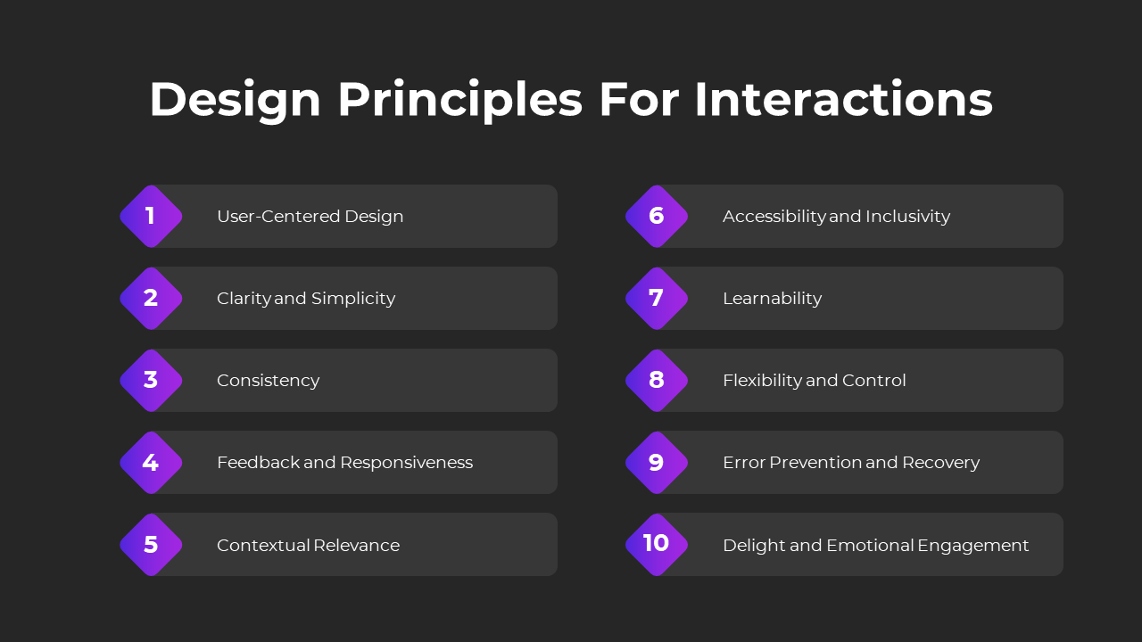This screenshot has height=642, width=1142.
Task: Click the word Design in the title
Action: tap(235, 101)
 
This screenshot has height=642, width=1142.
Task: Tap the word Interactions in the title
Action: tap(844, 99)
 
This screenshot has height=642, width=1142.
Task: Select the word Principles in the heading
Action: tap(459, 101)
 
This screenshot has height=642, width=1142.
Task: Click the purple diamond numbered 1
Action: tap(151, 217)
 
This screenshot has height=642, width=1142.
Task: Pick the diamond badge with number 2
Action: tap(151, 299)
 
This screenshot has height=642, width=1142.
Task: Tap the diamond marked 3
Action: tap(151, 381)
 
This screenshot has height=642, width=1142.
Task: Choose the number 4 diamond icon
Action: tap(151, 463)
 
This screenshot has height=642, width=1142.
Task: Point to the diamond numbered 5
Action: tap(151, 545)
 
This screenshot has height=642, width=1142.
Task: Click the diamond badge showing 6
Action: tap(657, 217)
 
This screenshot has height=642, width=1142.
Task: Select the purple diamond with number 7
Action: tap(657, 299)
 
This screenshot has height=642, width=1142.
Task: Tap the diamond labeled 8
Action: tap(657, 381)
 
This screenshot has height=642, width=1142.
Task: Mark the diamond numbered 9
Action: tap(657, 463)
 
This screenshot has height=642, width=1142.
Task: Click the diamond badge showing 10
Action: tap(657, 545)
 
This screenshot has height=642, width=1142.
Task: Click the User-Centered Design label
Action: tap(310, 217)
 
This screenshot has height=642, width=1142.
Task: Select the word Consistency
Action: tap(269, 381)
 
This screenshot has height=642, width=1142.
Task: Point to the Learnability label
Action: tap(773, 299)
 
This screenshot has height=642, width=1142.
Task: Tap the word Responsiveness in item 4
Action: tap(406, 463)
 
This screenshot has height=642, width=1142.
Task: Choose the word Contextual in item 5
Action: tap(263, 545)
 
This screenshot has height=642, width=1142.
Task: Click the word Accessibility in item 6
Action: tap(774, 217)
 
